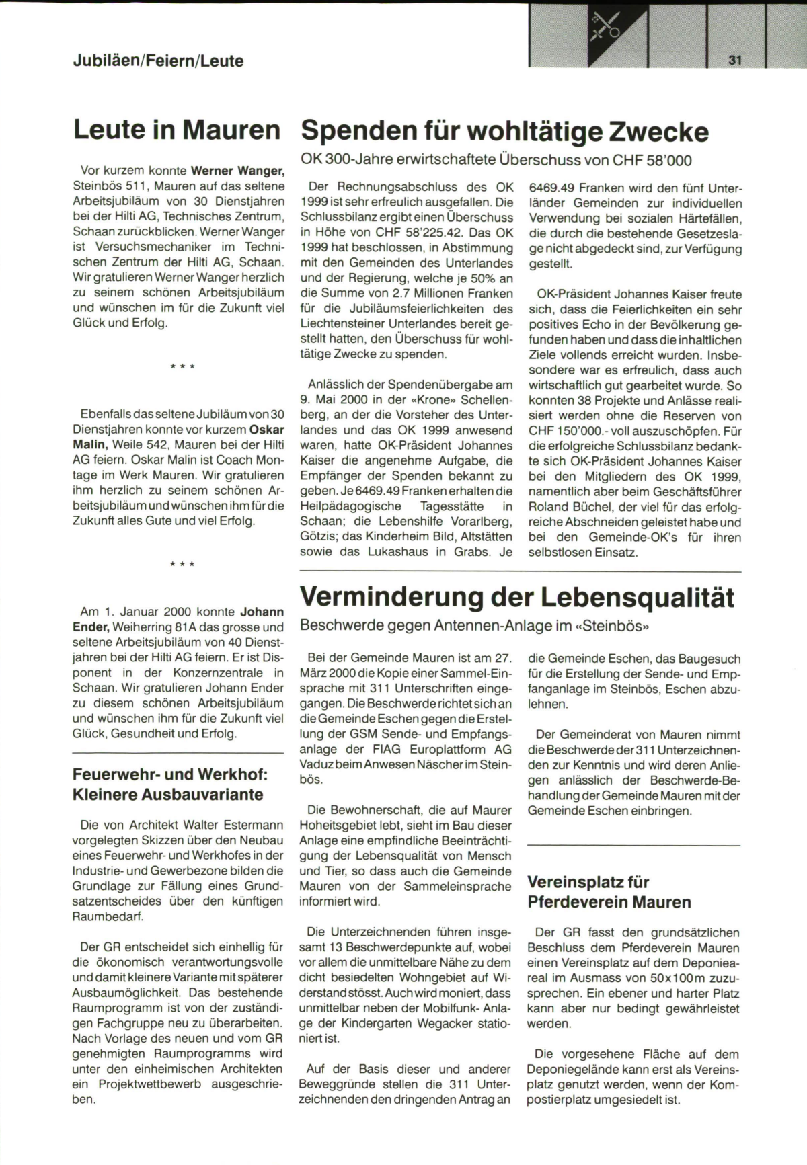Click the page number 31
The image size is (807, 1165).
pyautogui.click(x=734, y=60)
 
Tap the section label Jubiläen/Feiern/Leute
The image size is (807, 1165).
pyautogui.click(x=158, y=61)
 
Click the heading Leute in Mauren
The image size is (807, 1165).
pyautogui.click(x=177, y=130)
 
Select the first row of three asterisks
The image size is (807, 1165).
pyautogui.click(x=182, y=367)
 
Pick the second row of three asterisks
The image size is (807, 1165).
pyautogui.click(x=182, y=565)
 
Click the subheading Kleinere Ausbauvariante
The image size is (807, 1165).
pyautogui.click(x=167, y=794)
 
